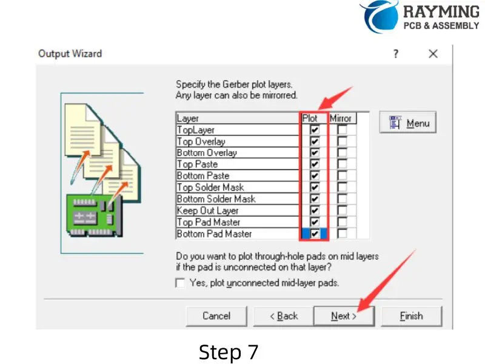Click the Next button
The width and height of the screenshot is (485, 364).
344,316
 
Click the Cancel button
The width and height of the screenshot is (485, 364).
216,316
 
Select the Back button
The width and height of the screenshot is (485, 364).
284,316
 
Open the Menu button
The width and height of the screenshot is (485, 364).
408,123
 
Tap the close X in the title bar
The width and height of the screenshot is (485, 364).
433,54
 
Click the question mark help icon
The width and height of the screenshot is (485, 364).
396,54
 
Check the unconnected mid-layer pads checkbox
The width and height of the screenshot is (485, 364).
180,283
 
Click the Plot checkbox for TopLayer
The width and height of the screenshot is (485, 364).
315,130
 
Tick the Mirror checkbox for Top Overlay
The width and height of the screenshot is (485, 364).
342,141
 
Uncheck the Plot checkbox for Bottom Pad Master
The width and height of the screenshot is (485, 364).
315,234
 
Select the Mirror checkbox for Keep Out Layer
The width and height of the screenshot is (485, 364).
342,211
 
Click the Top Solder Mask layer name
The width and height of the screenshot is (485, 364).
210,187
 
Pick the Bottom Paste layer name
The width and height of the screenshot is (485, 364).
203,176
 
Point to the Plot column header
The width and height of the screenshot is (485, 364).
310,118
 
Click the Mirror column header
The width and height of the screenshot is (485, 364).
341,118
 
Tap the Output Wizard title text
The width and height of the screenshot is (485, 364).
70,53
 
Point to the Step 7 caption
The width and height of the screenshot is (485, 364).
229,352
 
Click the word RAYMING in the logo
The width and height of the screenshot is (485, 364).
441,12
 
